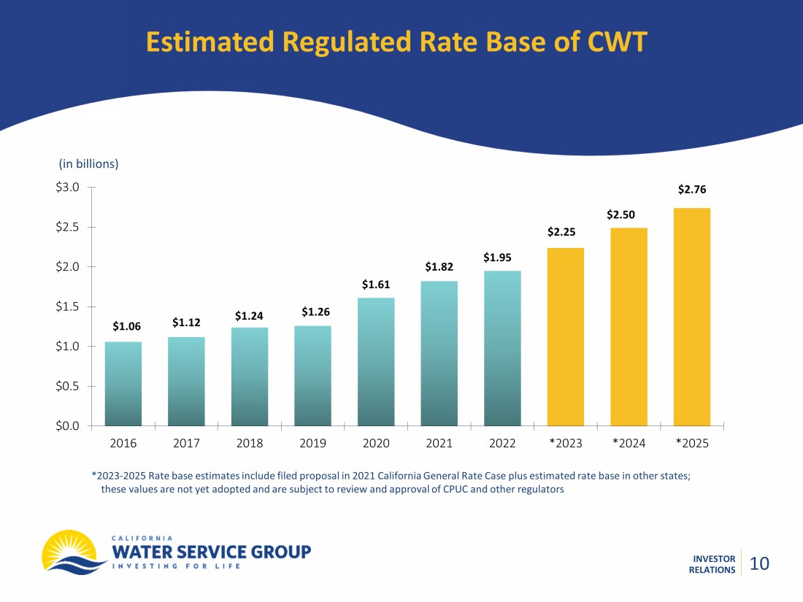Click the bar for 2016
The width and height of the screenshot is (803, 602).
(x=123, y=383)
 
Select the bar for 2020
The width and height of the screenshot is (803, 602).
(x=376, y=361)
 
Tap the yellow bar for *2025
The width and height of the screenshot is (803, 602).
(x=691, y=317)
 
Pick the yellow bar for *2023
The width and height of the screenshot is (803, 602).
(x=565, y=336)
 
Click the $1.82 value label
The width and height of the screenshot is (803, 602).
(x=439, y=268)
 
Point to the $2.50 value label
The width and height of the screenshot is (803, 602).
(x=620, y=215)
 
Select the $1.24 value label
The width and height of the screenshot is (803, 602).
(x=250, y=315)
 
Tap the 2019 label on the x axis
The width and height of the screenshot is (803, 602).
(x=312, y=443)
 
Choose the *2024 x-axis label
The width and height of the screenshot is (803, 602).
(x=629, y=443)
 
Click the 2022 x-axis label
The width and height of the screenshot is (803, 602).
(x=502, y=443)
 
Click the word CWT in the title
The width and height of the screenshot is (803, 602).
(x=617, y=42)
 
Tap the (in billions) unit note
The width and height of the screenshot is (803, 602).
(x=88, y=163)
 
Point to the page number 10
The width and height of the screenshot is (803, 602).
(x=759, y=563)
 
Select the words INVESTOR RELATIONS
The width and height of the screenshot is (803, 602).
(x=712, y=564)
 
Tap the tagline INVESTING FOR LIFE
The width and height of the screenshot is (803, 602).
(x=177, y=566)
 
